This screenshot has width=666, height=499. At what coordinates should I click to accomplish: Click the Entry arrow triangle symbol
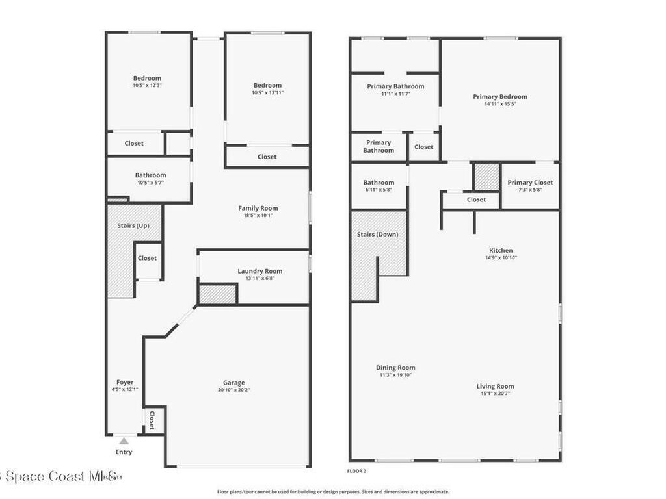[x=124, y=441]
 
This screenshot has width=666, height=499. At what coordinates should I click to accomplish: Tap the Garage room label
[x=233, y=383]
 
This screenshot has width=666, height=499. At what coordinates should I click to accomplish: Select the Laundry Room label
[x=260, y=271]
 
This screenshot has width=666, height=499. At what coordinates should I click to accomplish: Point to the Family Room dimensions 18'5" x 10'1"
[x=258, y=215]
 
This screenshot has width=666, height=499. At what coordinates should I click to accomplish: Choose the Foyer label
[x=125, y=382]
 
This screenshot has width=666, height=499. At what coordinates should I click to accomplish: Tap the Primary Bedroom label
[x=500, y=96]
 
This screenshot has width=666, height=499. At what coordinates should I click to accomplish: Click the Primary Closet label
[x=530, y=183]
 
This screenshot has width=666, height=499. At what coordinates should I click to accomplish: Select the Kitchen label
[x=501, y=250]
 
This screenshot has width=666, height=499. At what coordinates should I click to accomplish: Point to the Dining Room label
[x=395, y=368]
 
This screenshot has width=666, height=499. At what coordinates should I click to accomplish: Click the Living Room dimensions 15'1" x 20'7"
[x=495, y=394]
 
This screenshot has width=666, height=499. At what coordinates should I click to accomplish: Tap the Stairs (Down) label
[x=377, y=234]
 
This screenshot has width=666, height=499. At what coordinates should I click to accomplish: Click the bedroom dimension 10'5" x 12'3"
[x=147, y=85]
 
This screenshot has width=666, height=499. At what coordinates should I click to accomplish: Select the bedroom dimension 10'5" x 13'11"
[x=267, y=93]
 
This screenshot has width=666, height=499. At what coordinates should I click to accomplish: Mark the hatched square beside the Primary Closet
[x=486, y=177]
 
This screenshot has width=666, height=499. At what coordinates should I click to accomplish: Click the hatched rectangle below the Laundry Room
[x=217, y=294]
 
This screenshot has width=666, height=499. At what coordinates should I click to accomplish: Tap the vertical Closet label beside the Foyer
[x=152, y=420]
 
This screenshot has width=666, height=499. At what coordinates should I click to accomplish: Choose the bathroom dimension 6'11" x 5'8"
[x=379, y=190]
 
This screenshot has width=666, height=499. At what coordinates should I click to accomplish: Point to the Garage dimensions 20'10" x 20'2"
[x=233, y=390]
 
